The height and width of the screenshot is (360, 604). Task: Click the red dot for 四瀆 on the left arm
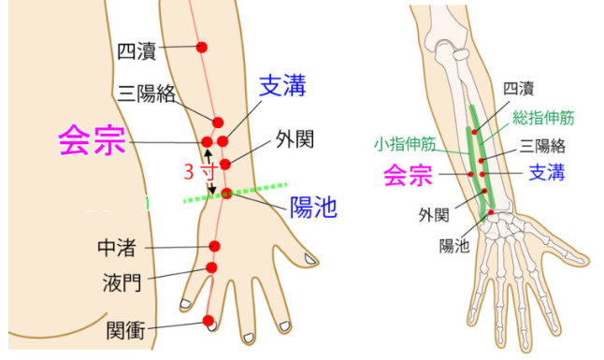(x=201, y=47)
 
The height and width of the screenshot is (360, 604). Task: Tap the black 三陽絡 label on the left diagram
(x=147, y=94)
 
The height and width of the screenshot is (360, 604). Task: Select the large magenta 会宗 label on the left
(x=92, y=140)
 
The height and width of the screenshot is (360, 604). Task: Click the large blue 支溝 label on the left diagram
(x=282, y=85)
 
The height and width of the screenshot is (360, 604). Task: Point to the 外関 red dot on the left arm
(x=225, y=164)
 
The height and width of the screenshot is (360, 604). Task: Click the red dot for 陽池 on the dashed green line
(x=227, y=194)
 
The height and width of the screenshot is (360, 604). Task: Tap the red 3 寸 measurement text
(x=201, y=171)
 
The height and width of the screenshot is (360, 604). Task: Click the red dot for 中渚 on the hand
(x=214, y=246)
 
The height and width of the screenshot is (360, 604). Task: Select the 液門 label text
(x=122, y=283)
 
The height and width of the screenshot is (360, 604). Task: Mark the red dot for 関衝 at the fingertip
(x=208, y=321)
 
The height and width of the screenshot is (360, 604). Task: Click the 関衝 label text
(x=125, y=331)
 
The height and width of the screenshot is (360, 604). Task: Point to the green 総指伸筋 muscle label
(x=543, y=118)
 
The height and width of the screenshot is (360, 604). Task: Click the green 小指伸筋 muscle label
(x=405, y=144)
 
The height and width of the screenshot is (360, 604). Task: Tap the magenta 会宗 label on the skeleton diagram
(x=408, y=175)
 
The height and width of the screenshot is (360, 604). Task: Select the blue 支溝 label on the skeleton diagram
(x=547, y=172)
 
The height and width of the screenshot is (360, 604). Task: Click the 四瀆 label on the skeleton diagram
(x=519, y=89)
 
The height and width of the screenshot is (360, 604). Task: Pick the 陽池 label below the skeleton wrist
(x=454, y=245)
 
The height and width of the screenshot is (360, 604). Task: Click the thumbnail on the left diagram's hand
(x=310, y=259)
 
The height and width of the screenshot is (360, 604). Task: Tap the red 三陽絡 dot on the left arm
(x=218, y=122)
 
